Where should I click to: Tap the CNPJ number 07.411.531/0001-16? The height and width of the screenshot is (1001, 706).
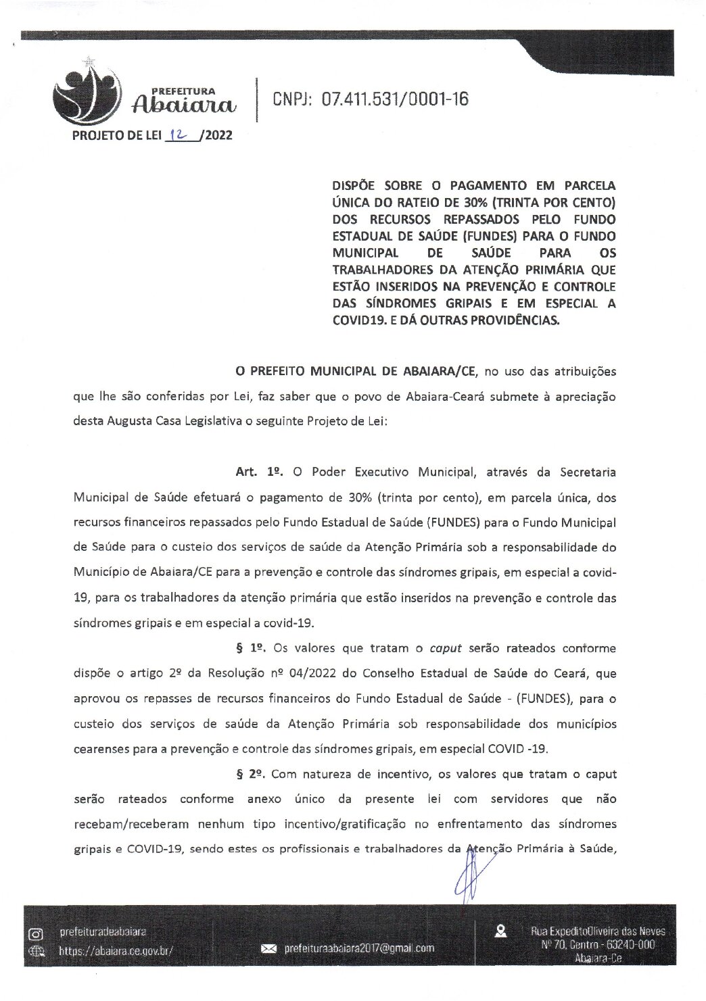click(395, 99)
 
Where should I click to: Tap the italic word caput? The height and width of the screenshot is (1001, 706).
click(445, 648)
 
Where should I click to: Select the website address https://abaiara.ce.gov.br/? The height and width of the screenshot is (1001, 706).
click(116, 950)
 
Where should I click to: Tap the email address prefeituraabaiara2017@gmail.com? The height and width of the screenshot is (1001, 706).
click(359, 948)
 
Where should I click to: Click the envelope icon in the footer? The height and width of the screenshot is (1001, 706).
click(269, 949)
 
